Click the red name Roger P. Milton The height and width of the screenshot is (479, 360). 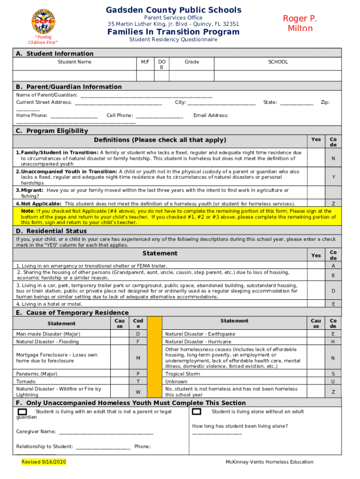(x=300, y=23)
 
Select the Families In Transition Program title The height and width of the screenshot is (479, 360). (x=173, y=32)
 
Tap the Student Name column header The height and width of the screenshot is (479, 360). (x=74, y=62)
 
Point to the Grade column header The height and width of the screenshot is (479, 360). (x=191, y=62)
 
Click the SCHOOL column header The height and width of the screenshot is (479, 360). (x=278, y=62)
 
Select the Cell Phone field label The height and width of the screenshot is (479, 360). (x=120, y=115)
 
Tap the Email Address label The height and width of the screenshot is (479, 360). (x=211, y=115)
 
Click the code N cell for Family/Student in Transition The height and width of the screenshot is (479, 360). (x=333, y=159)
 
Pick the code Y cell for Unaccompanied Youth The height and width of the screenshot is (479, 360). (x=333, y=177)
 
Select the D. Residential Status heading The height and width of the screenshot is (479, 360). (x=51, y=231)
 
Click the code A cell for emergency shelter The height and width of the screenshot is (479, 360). (x=333, y=266)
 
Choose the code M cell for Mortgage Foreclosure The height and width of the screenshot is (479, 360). (x=138, y=358)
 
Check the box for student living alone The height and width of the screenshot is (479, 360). (x=196, y=412)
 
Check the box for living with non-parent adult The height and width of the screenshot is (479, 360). (x=22, y=412)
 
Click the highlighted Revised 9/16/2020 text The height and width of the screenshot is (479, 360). (x=44, y=462)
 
